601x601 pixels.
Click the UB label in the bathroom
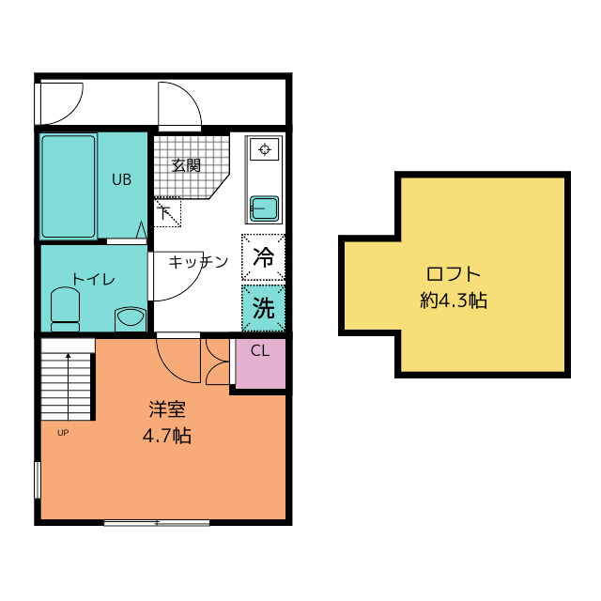[122, 178]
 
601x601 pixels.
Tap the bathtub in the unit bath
[68, 186]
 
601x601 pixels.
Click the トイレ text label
[94, 279]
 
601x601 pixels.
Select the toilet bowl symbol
[66, 308]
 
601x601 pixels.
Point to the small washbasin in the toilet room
[130, 316]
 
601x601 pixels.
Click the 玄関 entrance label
[186, 165]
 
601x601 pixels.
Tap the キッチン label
[199, 262]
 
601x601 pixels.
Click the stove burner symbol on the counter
[264, 148]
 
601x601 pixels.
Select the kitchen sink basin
[263, 207]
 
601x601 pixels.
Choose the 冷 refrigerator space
[264, 256]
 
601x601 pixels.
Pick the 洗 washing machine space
[264, 308]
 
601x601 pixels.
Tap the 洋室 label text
[167, 410]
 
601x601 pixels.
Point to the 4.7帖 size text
[167, 436]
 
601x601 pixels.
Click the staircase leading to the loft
[68, 385]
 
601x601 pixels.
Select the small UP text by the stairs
[63, 433]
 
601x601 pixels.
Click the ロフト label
[453, 275]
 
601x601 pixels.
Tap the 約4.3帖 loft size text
[453, 301]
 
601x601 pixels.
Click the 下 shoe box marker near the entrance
[165, 212]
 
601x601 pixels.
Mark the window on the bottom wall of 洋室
[157, 522]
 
